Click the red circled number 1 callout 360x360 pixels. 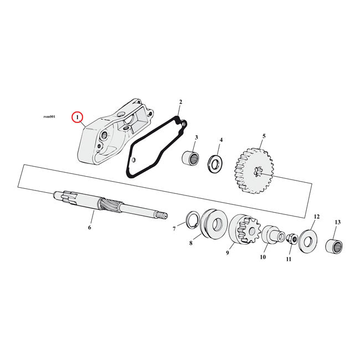pos(78,117)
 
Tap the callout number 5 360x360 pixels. pos(264,136)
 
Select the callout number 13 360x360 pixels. pos(337,222)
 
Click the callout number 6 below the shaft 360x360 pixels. pos(90,227)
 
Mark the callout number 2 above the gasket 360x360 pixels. pos(180,102)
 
